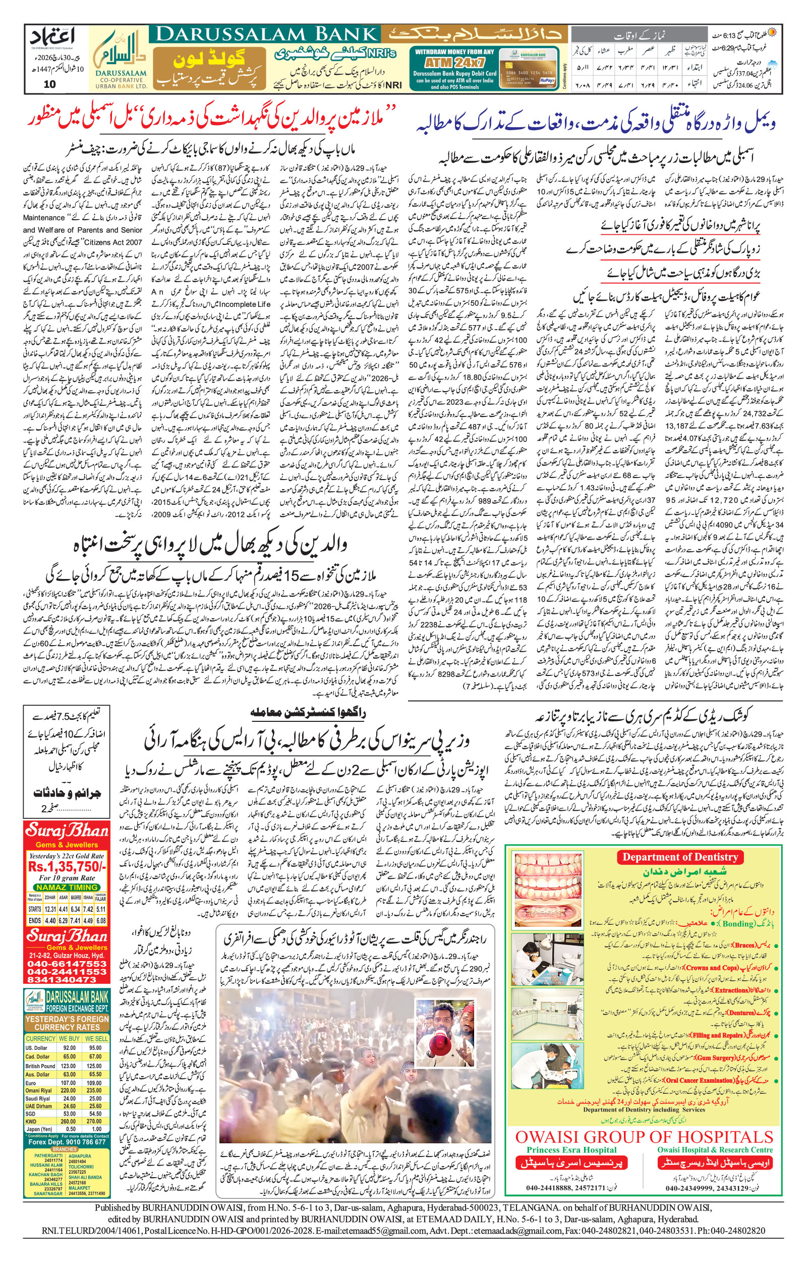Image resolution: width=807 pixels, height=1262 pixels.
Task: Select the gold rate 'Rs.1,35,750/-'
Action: click(67, 866)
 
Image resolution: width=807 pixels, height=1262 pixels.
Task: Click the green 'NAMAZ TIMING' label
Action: click(67, 887)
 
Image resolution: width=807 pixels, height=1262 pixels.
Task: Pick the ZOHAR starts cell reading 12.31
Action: click(50, 909)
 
